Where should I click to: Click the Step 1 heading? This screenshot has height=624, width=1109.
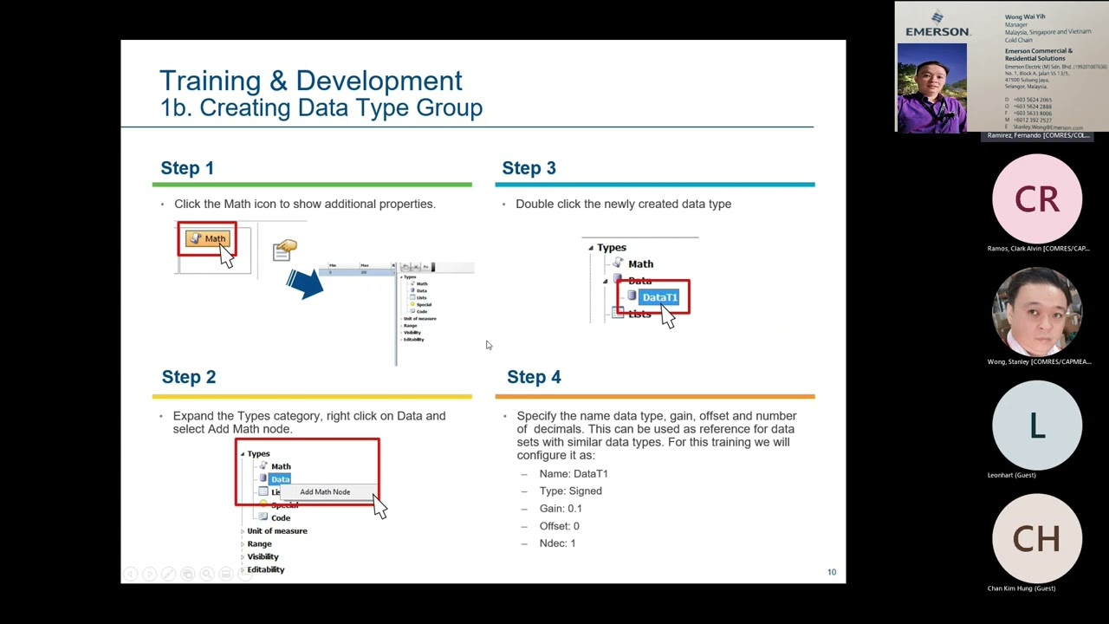point(187,168)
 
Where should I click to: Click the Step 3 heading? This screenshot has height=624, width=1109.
point(529,168)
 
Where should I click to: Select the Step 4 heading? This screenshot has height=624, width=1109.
point(534,377)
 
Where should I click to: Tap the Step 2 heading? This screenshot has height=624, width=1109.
point(188,377)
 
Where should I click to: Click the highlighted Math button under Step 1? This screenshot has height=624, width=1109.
point(208,239)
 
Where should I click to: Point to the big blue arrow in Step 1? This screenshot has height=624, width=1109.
point(304,283)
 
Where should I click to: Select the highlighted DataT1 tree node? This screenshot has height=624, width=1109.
point(658,297)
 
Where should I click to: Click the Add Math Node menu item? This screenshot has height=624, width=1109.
point(325,492)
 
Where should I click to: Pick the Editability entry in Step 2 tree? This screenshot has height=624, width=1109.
point(265,569)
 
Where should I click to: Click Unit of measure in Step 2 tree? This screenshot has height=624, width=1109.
point(276,530)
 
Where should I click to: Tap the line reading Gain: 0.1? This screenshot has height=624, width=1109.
point(561,509)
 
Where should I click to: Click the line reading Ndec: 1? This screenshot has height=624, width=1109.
point(557,543)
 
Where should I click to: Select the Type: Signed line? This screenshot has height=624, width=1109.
point(570,491)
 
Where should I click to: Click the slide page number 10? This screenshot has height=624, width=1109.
point(832,572)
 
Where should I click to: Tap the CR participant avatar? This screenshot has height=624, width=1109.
point(1036,199)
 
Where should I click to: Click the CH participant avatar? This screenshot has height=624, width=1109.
point(1036,539)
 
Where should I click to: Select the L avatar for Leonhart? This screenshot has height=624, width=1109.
point(1036,426)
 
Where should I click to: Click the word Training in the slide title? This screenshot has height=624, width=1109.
point(211,81)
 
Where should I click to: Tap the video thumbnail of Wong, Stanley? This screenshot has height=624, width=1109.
point(1036,313)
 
